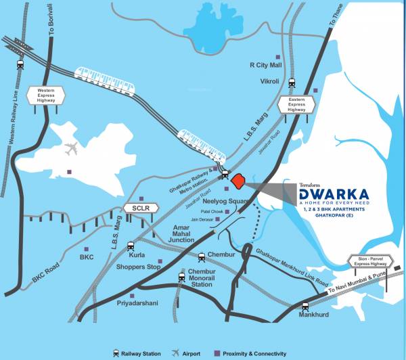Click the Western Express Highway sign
[x=46, y=95]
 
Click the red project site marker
[x=238, y=181]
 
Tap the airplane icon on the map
[x=71, y=148]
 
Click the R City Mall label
[x=265, y=66]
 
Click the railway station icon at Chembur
[x=201, y=256]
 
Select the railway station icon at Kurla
[x=131, y=246]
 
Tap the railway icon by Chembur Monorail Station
[x=181, y=276]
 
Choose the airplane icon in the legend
[x=176, y=353]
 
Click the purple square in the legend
[x=217, y=353]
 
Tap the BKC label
[x=87, y=257]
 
